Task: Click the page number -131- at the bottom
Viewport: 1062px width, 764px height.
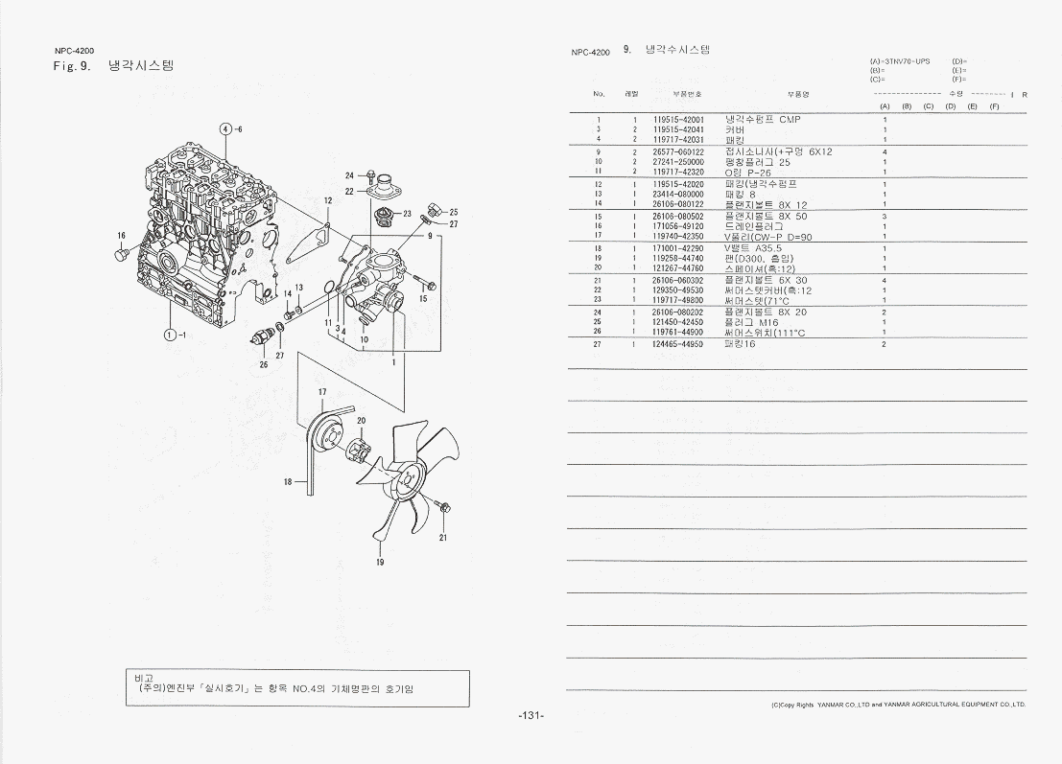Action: (x=531, y=716)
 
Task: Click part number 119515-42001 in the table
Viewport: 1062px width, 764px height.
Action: (x=678, y=120)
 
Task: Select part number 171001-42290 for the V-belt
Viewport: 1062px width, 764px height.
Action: (x=678, y=248)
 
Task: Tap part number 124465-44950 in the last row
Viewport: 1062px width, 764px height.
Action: (x=678, y=343)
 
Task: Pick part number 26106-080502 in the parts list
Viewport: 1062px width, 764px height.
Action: (x=678, y=217)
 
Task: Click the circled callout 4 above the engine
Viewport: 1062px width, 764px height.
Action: (x=225, y=128)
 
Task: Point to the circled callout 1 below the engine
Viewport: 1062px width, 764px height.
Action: (x=170, y=335)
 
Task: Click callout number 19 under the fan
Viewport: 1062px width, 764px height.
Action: (x=380, y=562)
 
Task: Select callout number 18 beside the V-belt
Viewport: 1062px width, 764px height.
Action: (x=288, y=482)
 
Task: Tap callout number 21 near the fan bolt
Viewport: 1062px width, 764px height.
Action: (x=443, y=538)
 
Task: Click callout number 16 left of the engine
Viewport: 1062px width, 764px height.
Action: (x=122, y=235)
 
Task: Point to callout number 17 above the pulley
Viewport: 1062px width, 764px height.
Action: (x=322, y=392)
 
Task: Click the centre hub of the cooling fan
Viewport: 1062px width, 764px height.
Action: (x=413, y=476)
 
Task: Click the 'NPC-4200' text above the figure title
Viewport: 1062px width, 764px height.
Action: (x=73, y=50)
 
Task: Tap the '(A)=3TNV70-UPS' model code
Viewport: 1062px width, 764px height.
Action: (x=899, y=60)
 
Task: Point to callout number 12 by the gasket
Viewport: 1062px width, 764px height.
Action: (x=327, y=200)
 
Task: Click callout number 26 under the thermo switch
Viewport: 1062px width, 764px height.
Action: (x=264, y=364)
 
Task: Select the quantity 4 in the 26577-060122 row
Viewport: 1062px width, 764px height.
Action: (x=884, y=151)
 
